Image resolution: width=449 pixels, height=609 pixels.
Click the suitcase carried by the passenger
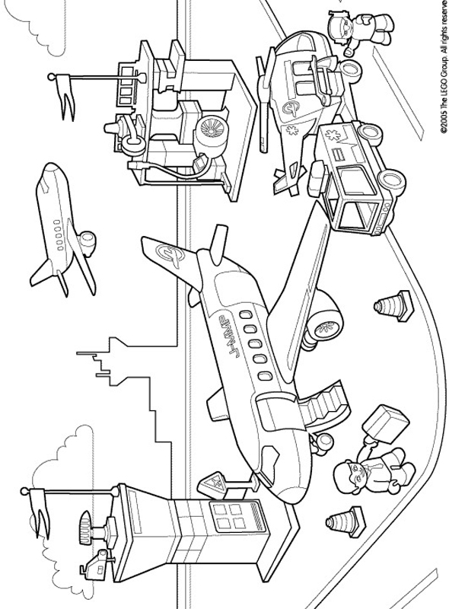pyautogui.click(x=384, y=422)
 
